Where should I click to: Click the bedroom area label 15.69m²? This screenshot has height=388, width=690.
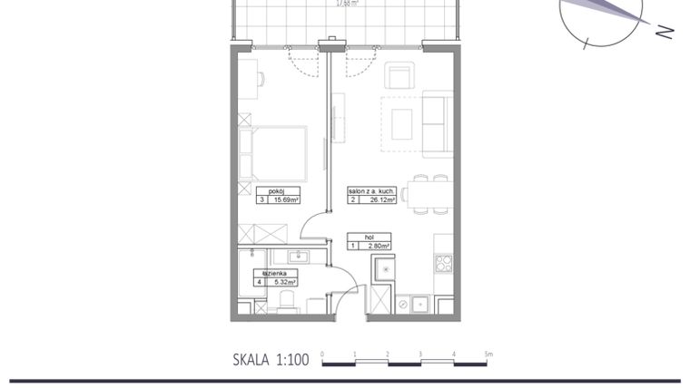286,201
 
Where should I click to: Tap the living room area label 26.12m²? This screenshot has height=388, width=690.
378,201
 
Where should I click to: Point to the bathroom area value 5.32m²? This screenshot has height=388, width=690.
286,282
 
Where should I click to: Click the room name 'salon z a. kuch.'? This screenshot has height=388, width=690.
370,192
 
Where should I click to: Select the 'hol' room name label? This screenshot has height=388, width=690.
370,237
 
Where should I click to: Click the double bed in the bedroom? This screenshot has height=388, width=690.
272,154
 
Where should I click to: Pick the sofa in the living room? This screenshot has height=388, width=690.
437,123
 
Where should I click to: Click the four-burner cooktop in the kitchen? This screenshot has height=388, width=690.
444,264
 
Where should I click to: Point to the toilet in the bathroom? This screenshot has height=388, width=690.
288,300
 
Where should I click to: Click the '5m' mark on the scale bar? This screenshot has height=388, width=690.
488,353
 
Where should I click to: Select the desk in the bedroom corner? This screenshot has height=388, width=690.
247,79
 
